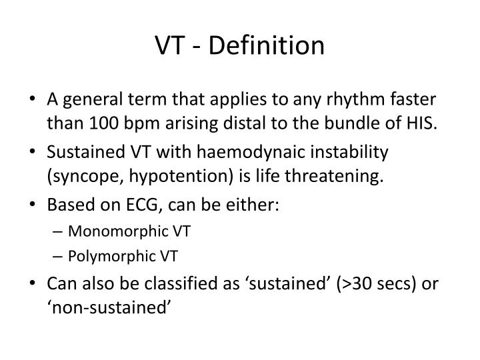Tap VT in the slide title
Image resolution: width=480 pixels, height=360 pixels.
click(169, 45)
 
